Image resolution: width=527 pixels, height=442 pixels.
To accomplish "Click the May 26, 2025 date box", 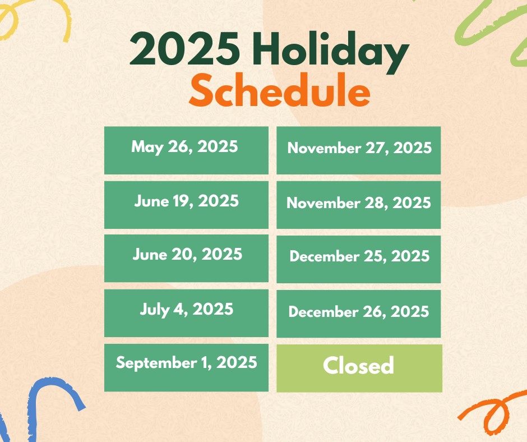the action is point(186,150).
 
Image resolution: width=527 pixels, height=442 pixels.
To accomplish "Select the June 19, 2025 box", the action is point(186,205).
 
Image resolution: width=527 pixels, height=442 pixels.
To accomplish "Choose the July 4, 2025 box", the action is point(186,313).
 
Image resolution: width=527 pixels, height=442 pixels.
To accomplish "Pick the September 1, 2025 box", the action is point(186,367).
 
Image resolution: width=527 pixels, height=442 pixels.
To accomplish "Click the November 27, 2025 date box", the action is point(359,150).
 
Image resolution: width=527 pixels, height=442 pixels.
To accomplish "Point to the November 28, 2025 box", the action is point(359,205).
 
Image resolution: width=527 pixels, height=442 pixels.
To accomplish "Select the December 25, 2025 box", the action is point(359,259).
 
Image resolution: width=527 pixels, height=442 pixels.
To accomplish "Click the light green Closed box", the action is point(359,369).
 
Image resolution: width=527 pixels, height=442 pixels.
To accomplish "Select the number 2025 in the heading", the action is point(184,48).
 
